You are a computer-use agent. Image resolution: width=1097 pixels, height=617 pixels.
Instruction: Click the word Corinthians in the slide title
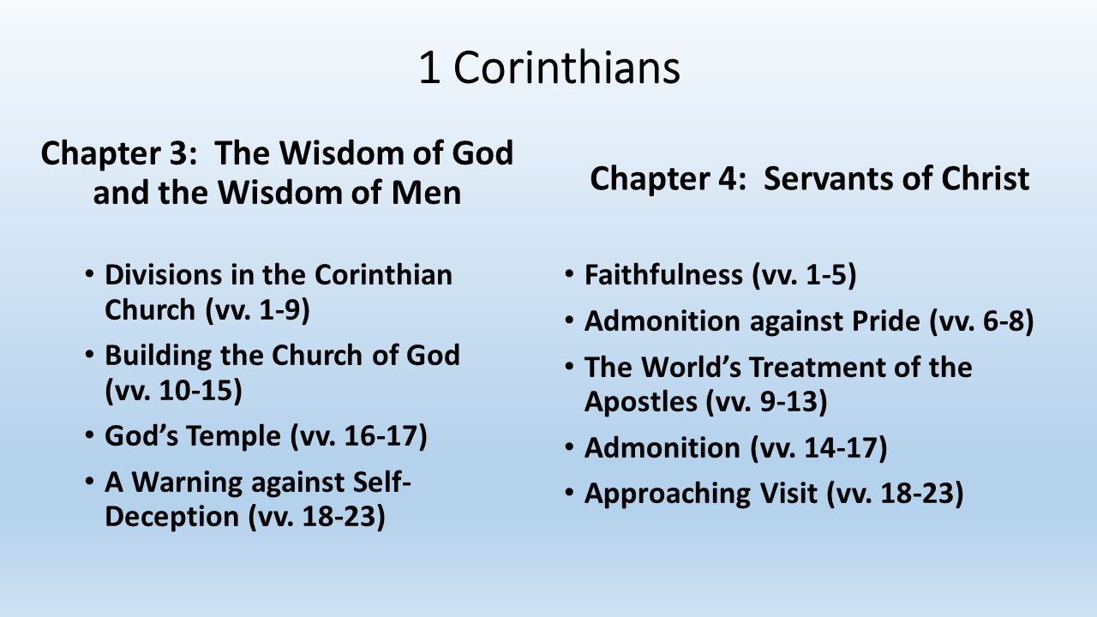(x=566, y=68)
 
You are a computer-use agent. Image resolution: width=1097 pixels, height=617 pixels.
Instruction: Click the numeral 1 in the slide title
(x=429, y=68)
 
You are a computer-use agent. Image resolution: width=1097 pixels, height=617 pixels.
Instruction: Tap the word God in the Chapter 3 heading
(x=483, y=153)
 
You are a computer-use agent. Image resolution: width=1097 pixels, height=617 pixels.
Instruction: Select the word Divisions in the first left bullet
(x=163, y=274)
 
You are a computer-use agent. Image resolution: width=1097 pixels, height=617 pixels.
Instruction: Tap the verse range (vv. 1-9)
(x=258, y=310)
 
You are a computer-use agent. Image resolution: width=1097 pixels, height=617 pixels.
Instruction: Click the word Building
(x=158, y=356)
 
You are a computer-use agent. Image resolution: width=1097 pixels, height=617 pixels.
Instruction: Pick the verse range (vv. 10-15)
(x=173, y=390)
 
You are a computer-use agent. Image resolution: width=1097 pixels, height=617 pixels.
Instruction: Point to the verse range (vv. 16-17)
(x=359, y=436)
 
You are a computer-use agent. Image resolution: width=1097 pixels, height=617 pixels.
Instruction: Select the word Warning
(x=187, y=482)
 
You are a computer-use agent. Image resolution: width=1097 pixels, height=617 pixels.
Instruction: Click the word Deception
(x=172, y=517)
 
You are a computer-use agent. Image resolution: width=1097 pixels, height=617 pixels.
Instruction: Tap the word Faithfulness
(x=663, y=274)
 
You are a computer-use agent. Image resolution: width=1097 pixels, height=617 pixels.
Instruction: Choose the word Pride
(x=886, y=321)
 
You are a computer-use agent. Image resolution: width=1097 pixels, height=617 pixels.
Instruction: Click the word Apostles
(x=640, y=402)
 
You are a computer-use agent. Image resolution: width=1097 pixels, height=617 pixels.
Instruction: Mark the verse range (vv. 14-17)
(x=818, y=448)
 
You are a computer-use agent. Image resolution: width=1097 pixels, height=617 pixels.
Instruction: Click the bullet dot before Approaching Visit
(x=568, y=491)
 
